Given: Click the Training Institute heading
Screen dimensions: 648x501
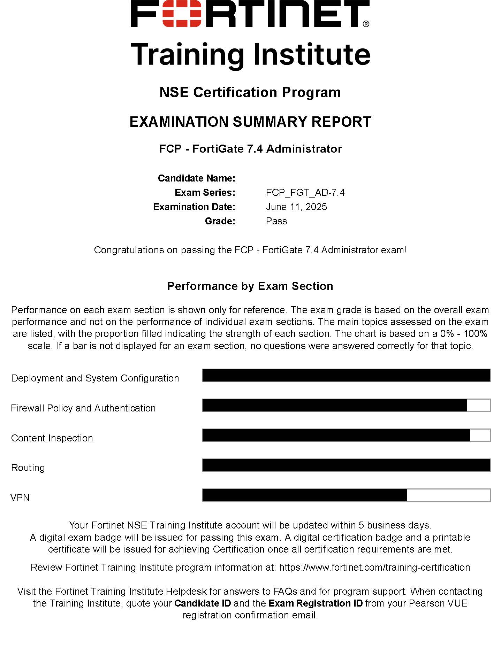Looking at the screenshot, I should tap(250, 54).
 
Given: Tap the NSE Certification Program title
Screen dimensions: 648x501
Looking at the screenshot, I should tap(250, 92).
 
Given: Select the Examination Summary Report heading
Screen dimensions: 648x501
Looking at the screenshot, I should tap(250, 122).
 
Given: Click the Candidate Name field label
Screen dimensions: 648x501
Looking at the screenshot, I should tap(196, 178).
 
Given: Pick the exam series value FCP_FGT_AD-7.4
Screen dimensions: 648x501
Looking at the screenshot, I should tap(305, 193).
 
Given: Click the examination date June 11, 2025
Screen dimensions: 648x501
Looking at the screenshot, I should tap(296, 207).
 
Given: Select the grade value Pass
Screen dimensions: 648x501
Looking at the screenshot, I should tap(276, 221).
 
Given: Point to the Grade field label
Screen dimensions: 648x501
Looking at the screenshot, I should tap(220, 221).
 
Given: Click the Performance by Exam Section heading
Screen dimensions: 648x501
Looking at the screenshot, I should tap(250, 286).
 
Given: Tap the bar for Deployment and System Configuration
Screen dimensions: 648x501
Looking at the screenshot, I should tap(346, 376).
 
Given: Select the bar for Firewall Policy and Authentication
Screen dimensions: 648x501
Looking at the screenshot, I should tap(346, 406).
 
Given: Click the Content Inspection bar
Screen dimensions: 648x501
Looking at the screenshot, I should tap(346, 435).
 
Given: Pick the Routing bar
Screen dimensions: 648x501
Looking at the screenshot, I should tap(346, 465).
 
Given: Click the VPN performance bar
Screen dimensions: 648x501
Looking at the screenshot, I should tap(346, 495).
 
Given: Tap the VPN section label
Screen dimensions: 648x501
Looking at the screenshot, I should tap(20, 498).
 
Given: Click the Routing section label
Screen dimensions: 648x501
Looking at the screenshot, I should tap(28, 468).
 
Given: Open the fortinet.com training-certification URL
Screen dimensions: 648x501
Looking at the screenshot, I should tap(375, 568).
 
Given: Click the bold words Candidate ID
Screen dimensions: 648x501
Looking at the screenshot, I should tap(203, 603).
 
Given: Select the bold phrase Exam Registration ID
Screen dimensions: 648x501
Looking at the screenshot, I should tap(316, 603).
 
